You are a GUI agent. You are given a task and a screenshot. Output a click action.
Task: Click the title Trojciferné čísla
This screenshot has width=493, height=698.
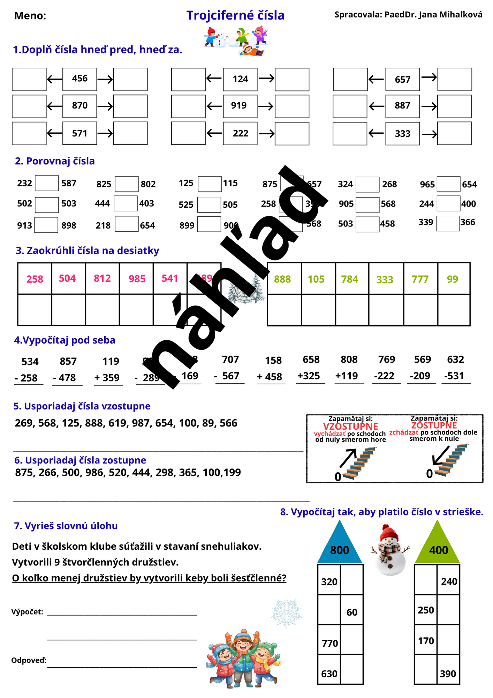235,15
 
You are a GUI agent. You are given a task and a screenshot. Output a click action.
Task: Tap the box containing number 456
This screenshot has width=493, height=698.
80,79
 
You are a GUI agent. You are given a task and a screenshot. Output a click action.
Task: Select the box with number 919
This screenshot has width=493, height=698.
240,106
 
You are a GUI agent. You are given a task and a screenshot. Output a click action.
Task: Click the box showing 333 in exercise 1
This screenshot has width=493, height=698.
402,133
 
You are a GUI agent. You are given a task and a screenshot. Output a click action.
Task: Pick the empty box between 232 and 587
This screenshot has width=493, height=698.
47,183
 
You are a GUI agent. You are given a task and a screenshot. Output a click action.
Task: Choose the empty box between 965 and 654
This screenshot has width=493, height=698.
448,184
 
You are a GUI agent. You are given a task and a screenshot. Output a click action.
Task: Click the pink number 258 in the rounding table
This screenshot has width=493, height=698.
35,279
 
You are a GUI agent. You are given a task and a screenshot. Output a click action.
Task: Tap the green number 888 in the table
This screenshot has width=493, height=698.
282,279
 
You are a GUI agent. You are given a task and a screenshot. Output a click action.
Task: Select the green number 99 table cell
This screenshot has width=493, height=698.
453,279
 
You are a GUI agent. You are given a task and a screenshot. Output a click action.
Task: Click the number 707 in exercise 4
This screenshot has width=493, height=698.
230,359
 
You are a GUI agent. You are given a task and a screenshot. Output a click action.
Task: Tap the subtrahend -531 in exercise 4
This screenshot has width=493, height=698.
454,376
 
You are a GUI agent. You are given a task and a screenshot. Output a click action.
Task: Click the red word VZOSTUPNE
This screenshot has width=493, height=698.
350,426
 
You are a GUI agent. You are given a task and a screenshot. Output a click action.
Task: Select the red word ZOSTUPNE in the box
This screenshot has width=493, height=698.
434,425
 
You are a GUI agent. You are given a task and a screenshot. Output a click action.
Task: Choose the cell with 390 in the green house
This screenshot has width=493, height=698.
448,673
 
